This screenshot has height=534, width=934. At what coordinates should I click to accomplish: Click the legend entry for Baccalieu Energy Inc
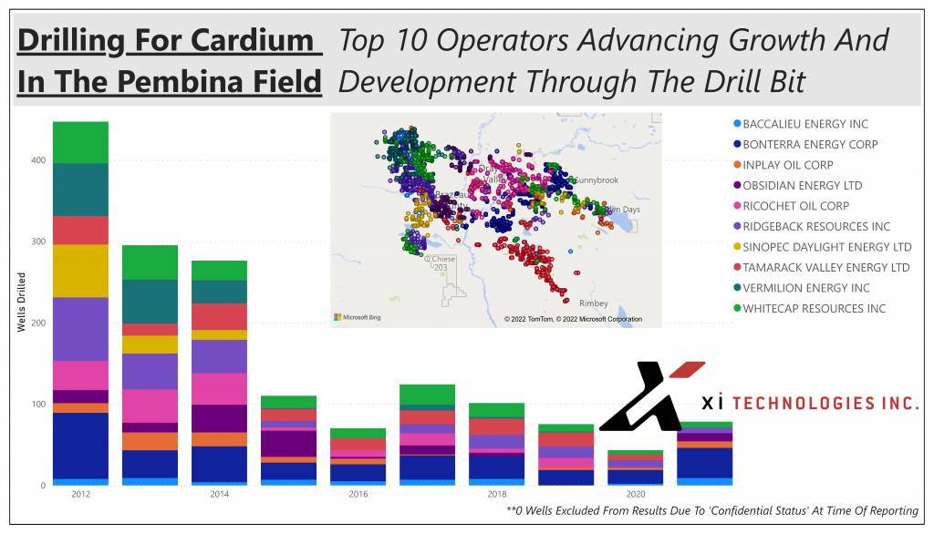[x=804, y=124]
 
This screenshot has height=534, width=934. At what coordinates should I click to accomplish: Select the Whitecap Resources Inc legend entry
[x=813, y=309]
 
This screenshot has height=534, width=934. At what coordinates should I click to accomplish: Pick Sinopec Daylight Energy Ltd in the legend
[x=826, y=247]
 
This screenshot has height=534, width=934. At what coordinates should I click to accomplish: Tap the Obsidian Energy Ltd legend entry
[x=802, y=186]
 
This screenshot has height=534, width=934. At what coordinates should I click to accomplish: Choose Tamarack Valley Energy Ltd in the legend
[x=825, y=268]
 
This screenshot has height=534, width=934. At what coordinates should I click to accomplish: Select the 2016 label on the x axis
[x=358, y=494]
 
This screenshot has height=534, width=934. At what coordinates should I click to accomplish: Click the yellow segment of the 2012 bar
[x=80, y=271]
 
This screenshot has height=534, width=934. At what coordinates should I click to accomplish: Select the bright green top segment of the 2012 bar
[x=80, y=142]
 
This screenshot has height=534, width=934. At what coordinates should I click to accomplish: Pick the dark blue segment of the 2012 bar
[x=80, y=446]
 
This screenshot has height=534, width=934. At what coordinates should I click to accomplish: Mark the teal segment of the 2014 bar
[x=219, y=292]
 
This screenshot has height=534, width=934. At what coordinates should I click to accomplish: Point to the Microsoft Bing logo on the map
[x=356, y=317]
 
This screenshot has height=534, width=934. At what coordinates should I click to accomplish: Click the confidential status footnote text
[x=711, y=511]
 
